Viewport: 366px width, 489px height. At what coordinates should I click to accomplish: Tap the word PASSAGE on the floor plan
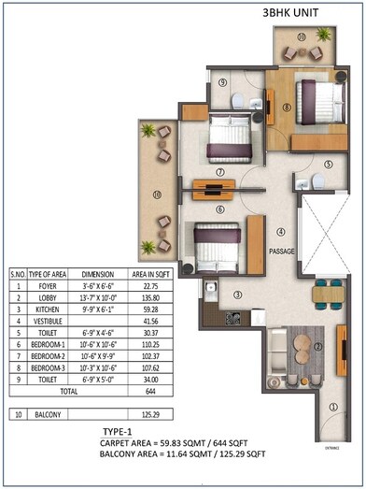283,252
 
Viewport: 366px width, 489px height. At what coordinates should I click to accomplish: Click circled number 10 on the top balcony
301,36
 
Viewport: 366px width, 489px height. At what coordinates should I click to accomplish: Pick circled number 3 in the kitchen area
237,295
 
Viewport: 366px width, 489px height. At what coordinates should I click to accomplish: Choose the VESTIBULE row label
42,322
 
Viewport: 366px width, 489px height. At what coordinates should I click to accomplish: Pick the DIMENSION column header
96,274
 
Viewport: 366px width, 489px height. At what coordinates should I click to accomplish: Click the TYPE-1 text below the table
120,431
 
